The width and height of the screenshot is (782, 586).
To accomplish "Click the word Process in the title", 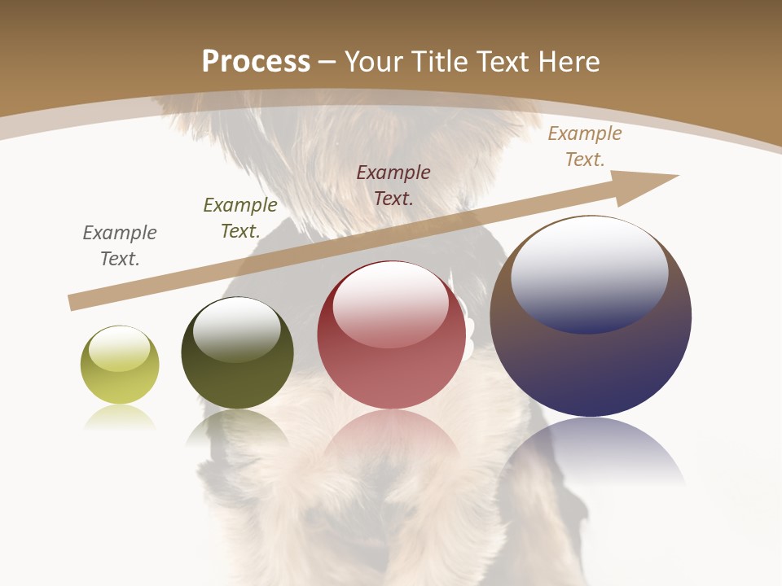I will coord(256,62).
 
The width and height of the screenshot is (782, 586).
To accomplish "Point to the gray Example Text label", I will coord(120,246).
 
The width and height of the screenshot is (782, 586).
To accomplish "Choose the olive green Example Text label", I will coord(240,218).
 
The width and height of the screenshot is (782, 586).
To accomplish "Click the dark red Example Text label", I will coord(393,185).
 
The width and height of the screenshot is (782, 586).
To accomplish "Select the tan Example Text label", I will coord(585,146).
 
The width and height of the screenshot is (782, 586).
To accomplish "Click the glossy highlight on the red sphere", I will coord(390,305).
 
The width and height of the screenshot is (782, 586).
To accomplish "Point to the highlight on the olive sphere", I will coord(236,329).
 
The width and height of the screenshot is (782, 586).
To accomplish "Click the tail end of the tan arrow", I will coord(75,302).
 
